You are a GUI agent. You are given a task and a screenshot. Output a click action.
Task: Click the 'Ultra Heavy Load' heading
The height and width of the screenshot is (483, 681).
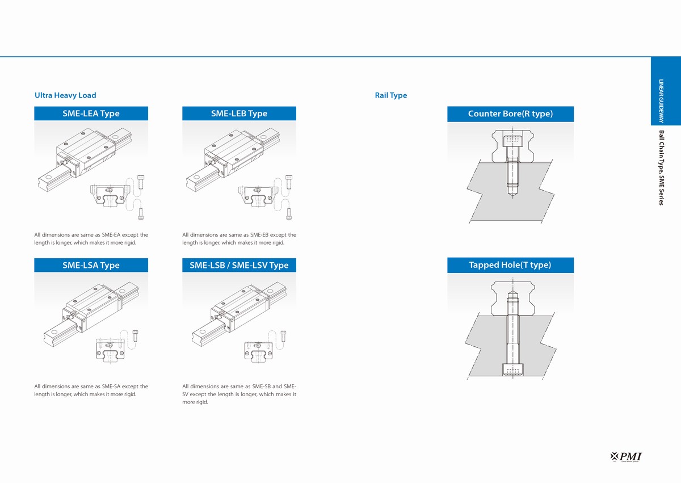pyautogui.click(x=65, y=95)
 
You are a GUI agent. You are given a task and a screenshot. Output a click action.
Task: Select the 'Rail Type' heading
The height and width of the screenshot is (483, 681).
pyautogui.click(x=391, y=95)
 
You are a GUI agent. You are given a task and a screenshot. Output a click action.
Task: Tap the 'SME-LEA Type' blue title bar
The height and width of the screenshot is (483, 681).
pyautogui.click(x=91, y=114)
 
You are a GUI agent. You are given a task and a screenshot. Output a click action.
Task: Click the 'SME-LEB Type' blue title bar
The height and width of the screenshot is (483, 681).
pyautogui.click(x=239, y=114)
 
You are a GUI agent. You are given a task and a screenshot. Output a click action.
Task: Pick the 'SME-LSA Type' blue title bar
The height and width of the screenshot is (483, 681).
pyautogui.click(x=91, y=265)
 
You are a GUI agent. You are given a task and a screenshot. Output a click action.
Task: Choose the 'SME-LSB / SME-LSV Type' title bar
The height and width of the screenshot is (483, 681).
pyautogui.click(x=239, y=265)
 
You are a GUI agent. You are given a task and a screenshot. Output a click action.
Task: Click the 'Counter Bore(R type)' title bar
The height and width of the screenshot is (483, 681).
pyautogui.click(x=510, y=114)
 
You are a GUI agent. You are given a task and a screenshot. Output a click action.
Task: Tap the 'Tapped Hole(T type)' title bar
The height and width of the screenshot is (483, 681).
pyautogui.click(x=510, y=265)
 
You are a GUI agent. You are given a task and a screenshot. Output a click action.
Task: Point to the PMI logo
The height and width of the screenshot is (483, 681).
pyautogui.click(x=627, y=456)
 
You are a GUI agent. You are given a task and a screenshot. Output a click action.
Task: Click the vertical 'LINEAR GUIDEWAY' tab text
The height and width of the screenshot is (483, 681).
pyautogui.click(x=661, y=101)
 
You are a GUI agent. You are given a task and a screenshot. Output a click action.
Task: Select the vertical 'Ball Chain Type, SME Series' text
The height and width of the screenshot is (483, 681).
pyautogui.click(x=661, y=167)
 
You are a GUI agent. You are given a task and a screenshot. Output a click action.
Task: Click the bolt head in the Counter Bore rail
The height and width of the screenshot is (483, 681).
pyautogui.click(x=512, y=141)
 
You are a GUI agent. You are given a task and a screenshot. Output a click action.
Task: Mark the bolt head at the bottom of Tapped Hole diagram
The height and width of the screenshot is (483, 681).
pyautogui.click(x=512, y=370)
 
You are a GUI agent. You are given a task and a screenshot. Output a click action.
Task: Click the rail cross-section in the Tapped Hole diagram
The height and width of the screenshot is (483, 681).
pyautogui.click(x=512, y=304)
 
